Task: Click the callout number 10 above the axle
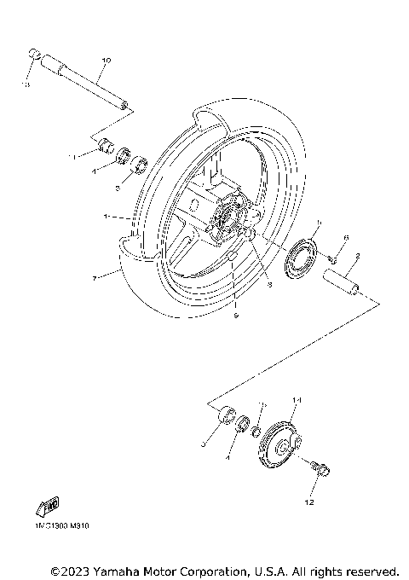[107, 60]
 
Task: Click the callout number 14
[297, 400]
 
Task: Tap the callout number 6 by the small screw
[346, 237]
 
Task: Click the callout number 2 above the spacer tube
[358, 254]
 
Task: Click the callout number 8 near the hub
[269, 285]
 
